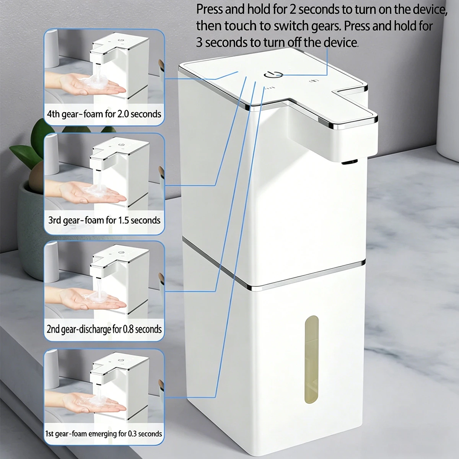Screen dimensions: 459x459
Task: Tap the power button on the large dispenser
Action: (x=273, y=75)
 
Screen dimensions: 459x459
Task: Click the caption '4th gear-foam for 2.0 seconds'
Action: (x=104, y=114)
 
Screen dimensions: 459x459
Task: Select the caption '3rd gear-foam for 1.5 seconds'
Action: (x=104, y=220)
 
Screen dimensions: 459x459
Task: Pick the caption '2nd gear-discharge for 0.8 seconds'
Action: (x=104, y=329)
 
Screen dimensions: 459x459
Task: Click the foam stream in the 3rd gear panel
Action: (x=99, y=179)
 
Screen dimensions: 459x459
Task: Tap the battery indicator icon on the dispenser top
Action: (x=313, y=81)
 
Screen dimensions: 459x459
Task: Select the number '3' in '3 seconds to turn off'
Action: (x=199, y=42)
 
